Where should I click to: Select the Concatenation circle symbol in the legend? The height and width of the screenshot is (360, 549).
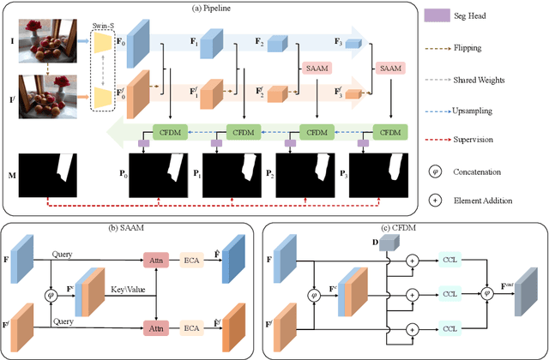(437, 171)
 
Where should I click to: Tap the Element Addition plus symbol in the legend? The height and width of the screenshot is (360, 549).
(437, 201)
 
